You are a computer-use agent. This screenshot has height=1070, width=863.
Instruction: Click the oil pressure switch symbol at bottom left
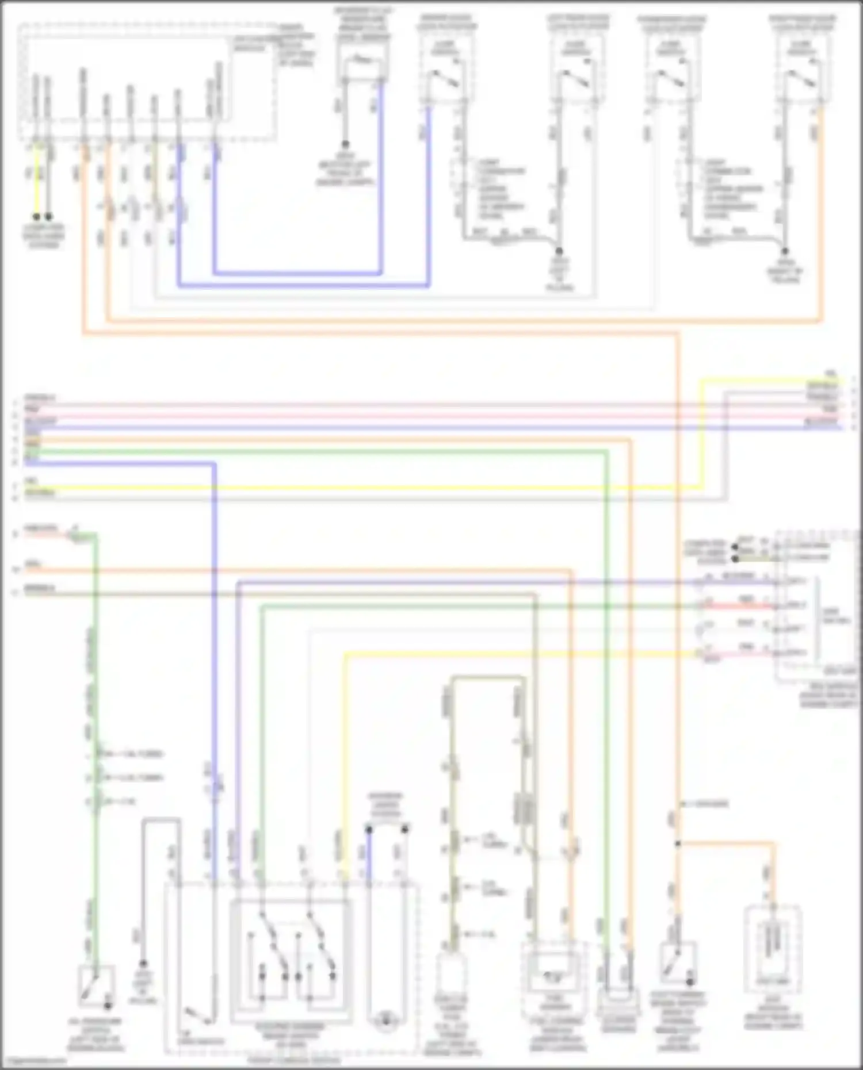pos(96,987)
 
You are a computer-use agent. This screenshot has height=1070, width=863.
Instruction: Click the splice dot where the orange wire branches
pos(678,843)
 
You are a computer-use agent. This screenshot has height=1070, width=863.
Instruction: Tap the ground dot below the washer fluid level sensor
pos(345,144)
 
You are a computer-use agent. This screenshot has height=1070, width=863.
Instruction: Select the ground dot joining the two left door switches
pos(558,251)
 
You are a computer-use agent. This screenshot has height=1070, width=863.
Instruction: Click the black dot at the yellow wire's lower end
pos(37,217)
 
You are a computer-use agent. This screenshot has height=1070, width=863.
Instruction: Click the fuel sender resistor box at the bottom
pos(555,975)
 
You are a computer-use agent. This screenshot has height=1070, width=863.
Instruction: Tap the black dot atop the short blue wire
pos(369,830)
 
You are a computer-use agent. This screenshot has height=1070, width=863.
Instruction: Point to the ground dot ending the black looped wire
pos(143,964)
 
